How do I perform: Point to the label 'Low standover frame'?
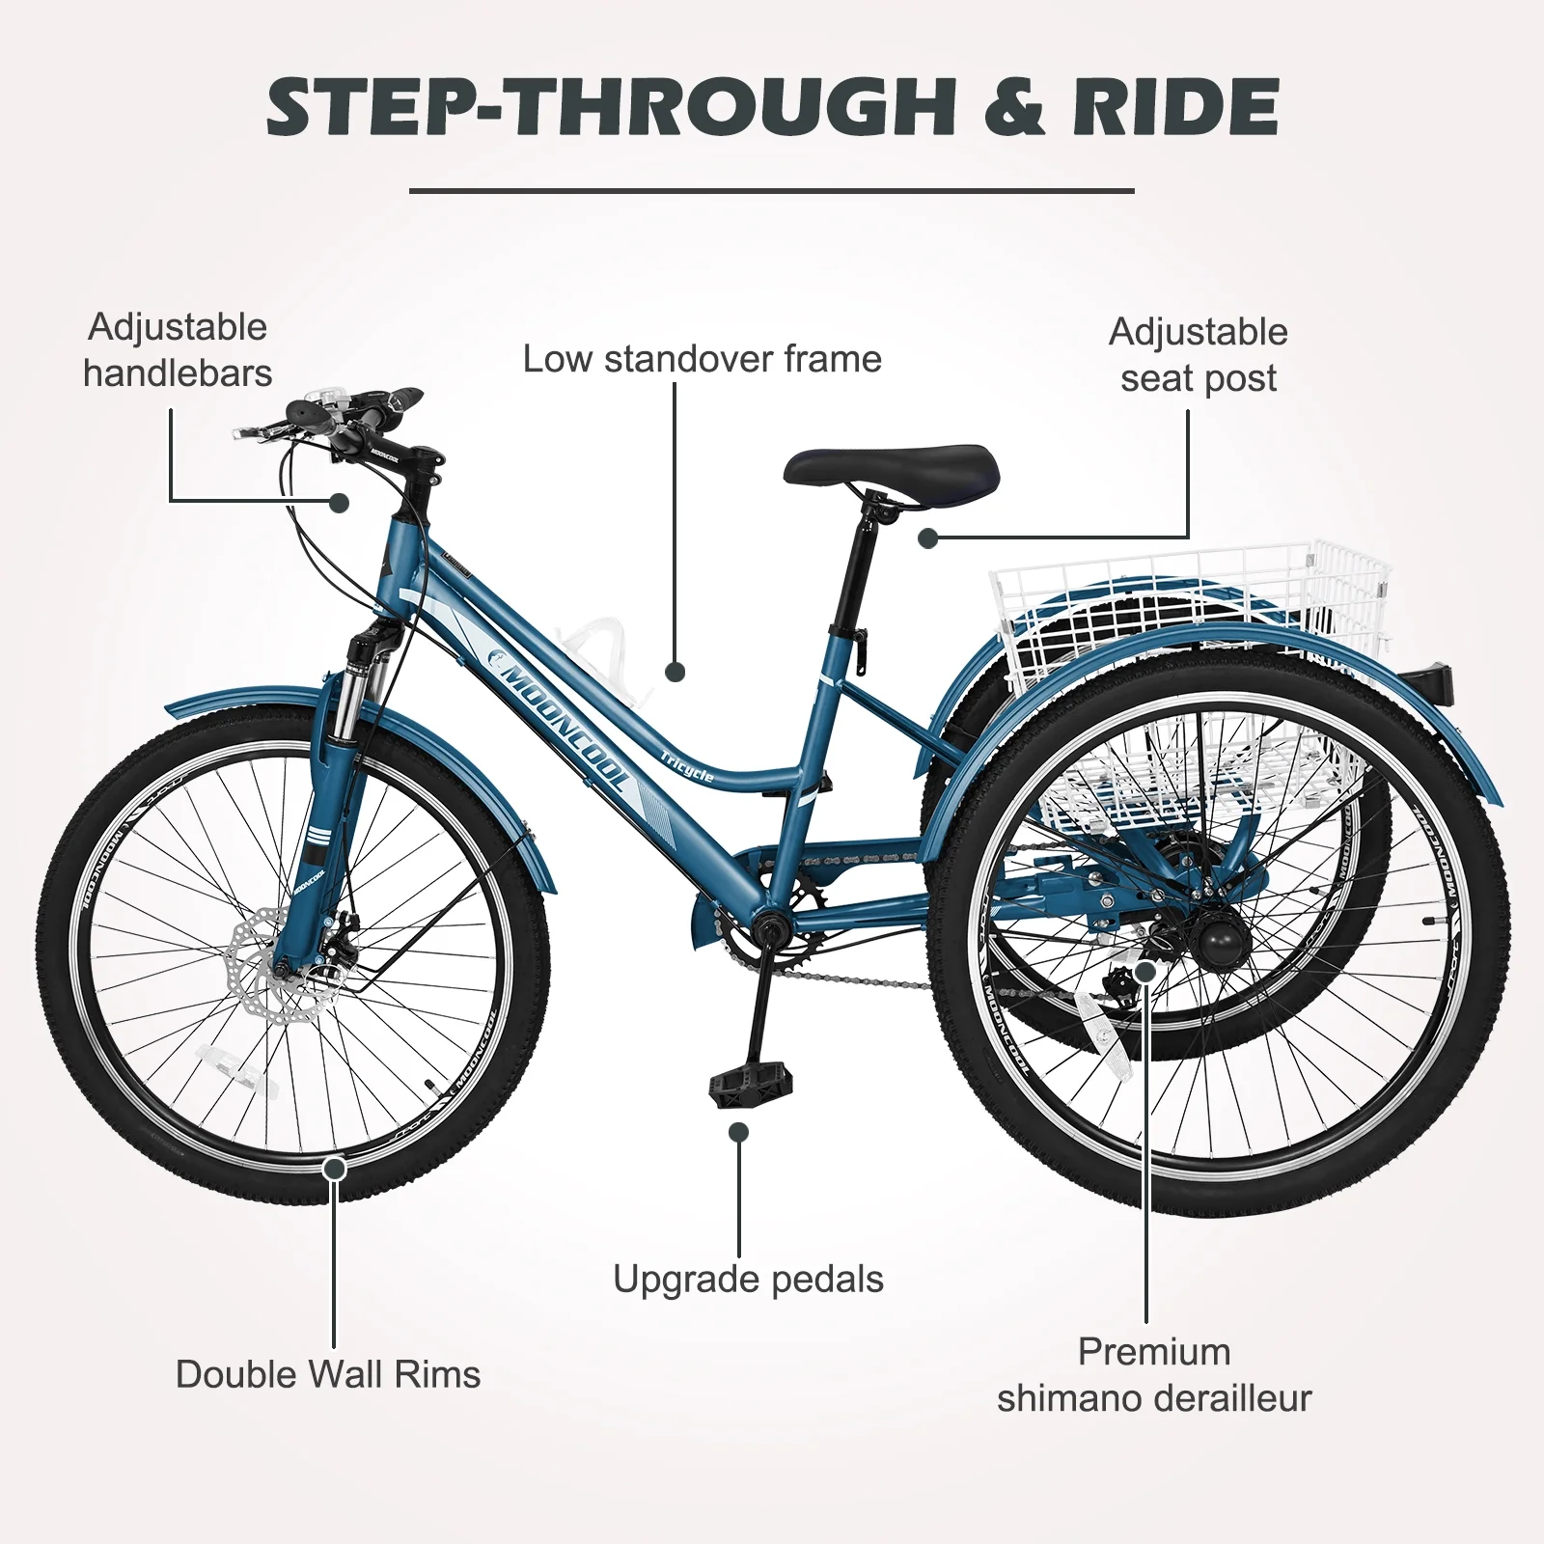click(702, 359)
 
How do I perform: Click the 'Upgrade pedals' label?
click(748, 1280)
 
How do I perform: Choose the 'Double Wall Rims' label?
click(328, 1374)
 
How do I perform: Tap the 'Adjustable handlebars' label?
click(178, 350)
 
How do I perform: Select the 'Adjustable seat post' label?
click(1199, 355)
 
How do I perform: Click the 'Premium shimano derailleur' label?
click(1154, 1374)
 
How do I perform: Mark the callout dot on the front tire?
click(335, 1170)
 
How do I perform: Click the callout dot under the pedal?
click(739, 1132)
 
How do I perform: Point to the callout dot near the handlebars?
click(339, 502)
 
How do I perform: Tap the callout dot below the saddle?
click(928, 538)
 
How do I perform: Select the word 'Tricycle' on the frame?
click(687, 770)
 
